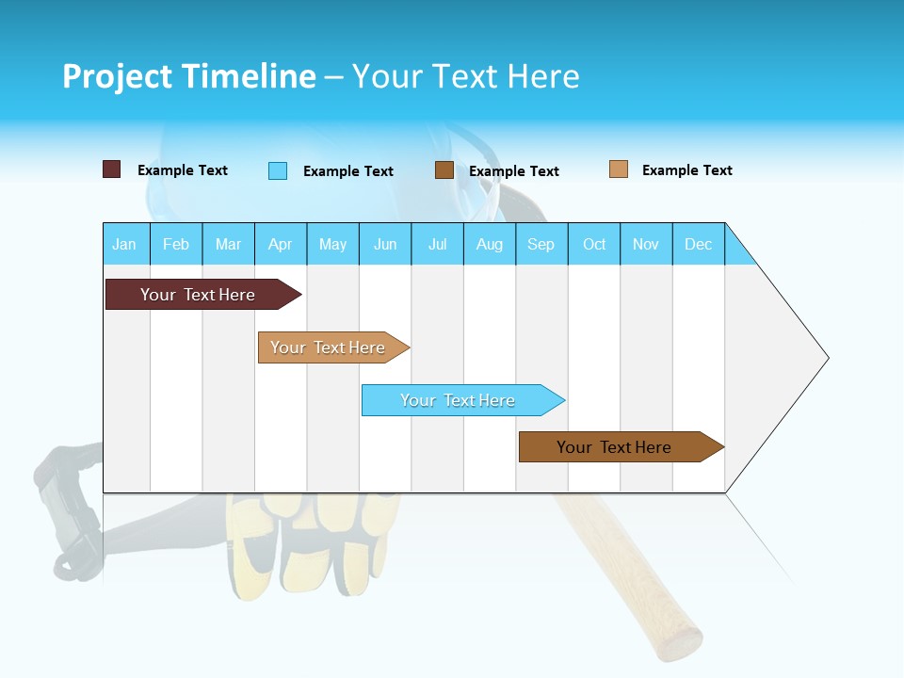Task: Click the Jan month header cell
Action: point(125,244)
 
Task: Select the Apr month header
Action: point(281,244)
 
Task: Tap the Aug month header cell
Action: point(490,244)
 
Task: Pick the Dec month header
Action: point(699,244)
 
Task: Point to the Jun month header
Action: point(385,244)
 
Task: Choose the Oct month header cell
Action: point(594,244)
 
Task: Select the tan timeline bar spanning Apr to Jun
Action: point(330,347)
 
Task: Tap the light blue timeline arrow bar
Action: point(460,400)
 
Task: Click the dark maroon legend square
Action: point(112,169)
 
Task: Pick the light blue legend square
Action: point(278,170)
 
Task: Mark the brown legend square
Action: point(444,170)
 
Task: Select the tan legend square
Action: point(619,169)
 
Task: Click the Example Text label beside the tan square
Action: point(686,170)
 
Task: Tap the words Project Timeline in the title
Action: point(189,76)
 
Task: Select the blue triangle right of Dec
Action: point(738,250)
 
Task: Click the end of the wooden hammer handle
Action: point(680,642)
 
